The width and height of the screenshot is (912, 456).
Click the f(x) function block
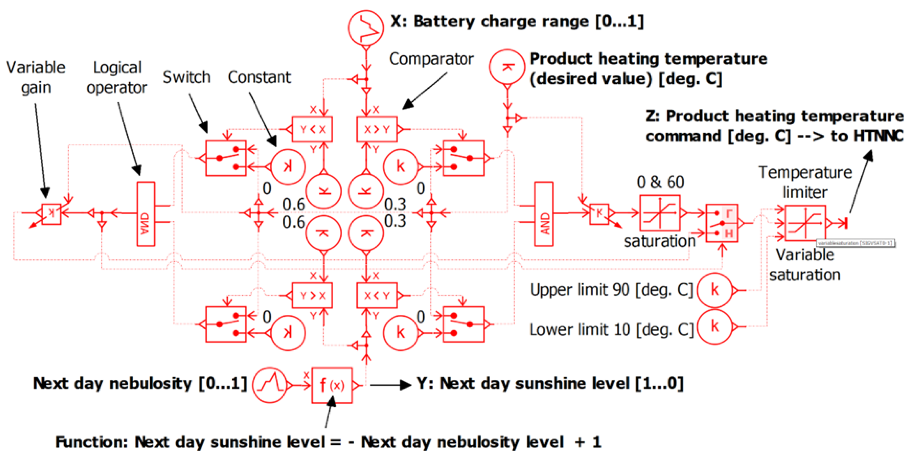(332, 385)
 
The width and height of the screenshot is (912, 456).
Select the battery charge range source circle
(365, 28)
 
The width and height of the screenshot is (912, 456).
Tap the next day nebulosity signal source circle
(270, 385)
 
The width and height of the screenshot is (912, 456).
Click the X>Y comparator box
(377, 129)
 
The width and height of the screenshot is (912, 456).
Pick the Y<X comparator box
(312, 129)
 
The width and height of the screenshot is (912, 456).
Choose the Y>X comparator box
(312, 295)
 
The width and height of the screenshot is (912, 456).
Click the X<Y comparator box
(377, 295)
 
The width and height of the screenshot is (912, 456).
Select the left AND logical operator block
(145, 214)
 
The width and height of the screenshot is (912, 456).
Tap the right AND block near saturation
(543, 214)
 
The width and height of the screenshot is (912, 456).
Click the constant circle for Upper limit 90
(714, 290)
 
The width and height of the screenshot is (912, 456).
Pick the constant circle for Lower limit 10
(714, 327)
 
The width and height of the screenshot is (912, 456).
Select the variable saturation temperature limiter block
(805, 223)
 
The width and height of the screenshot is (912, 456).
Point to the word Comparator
(431, 59)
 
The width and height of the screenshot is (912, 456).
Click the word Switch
(186, 77)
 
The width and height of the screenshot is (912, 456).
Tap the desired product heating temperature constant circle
(507, 67)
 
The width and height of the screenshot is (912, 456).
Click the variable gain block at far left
(51, 213)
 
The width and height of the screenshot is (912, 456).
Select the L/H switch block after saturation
(721, 223)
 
